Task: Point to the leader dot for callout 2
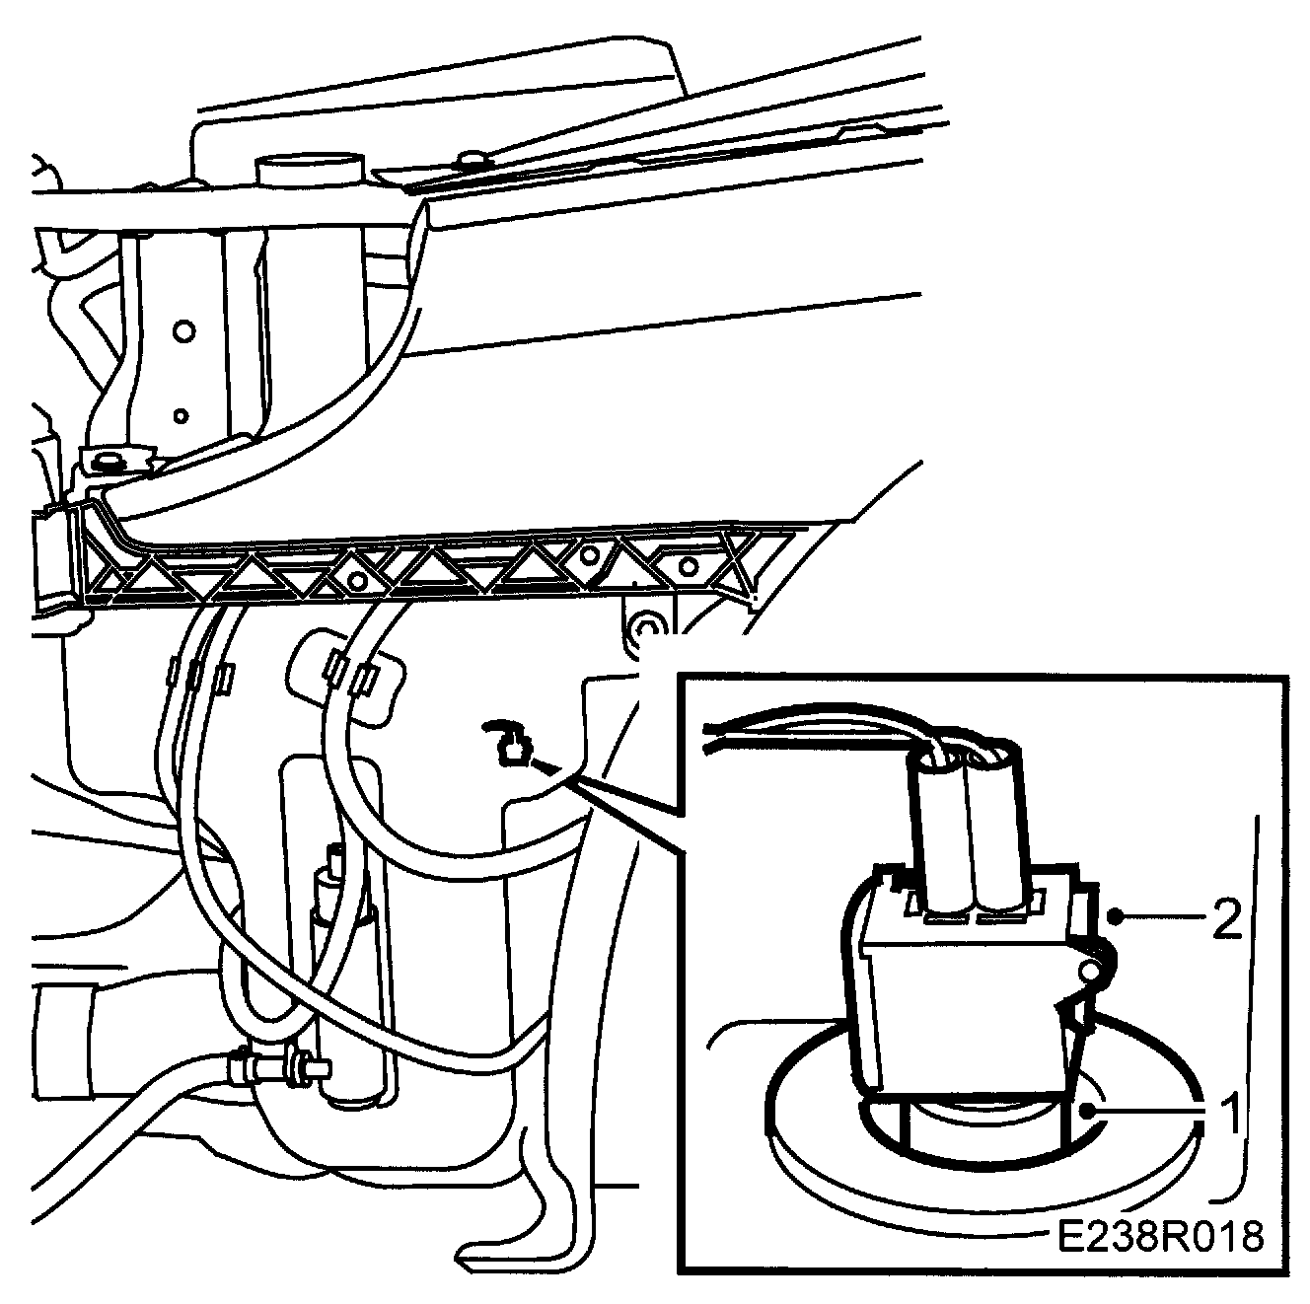(x=1114, y=916)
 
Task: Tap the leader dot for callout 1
(x=1086, y=1110)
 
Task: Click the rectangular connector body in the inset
(x=962, y=996)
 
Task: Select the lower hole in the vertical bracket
(x=181, y=415)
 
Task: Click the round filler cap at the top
(x=309, y=168)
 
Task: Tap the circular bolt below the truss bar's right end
(x=647, y=627)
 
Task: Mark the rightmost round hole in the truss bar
(x=688, y=565)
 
